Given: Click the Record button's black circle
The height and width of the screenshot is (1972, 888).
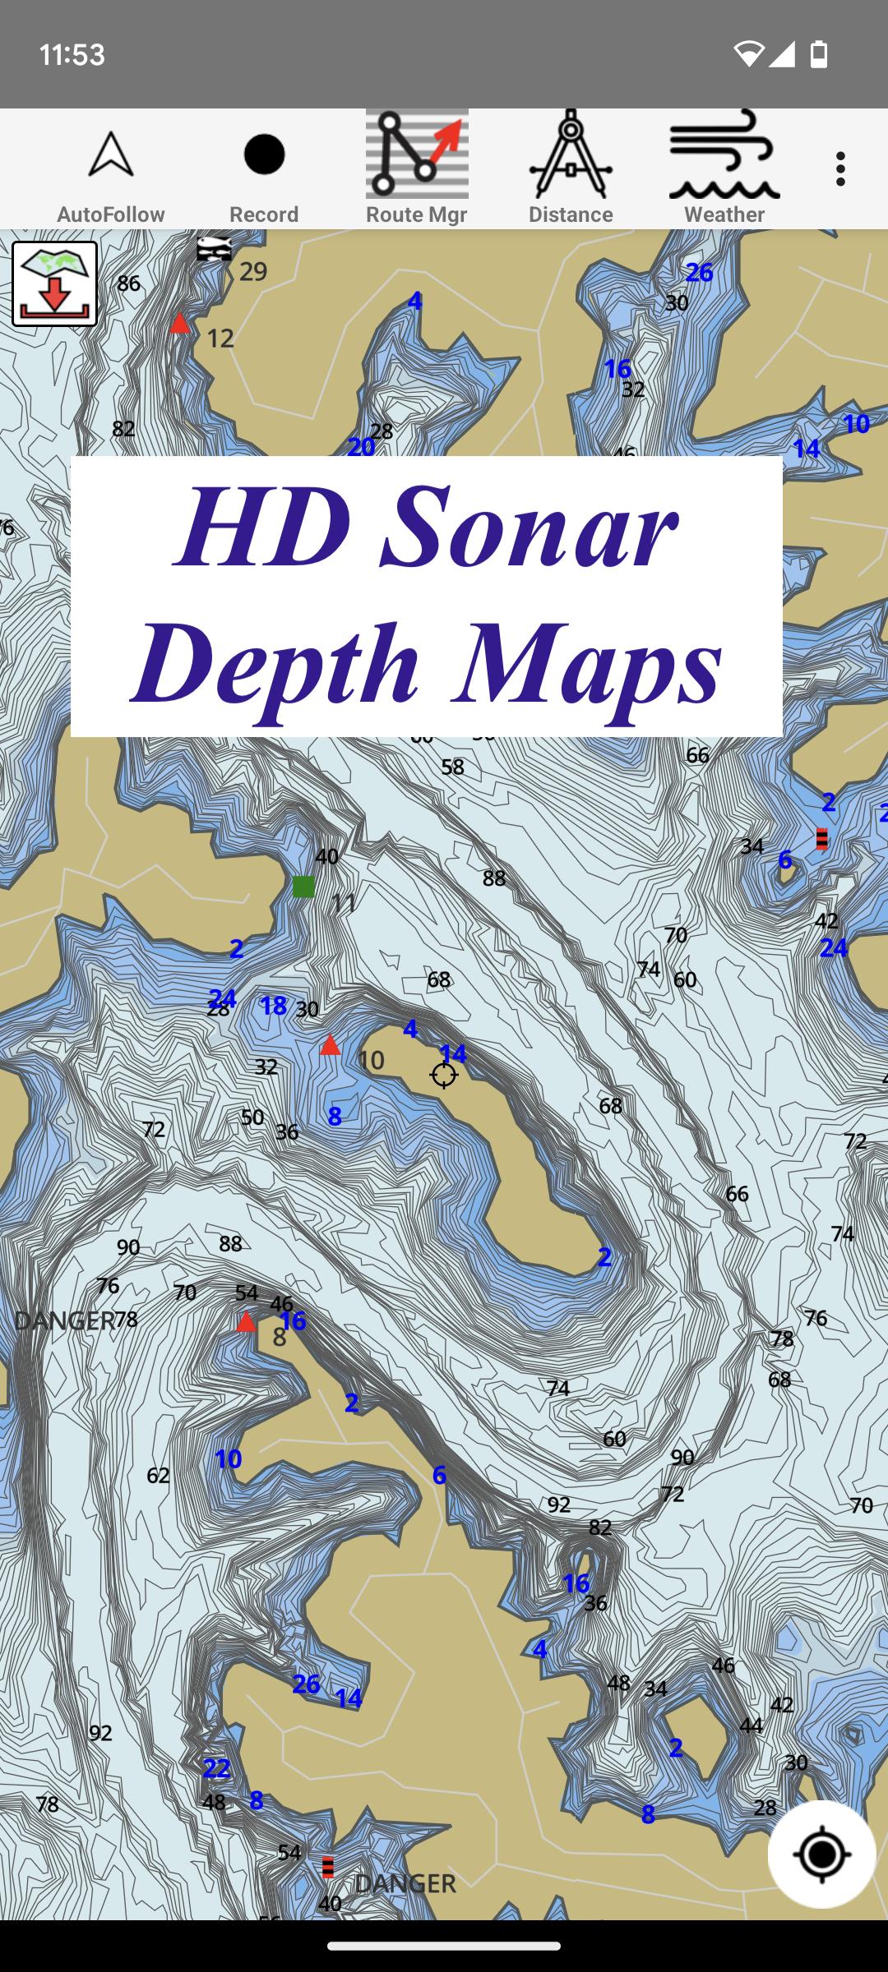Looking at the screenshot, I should pyautogui.click(x=264, y=154).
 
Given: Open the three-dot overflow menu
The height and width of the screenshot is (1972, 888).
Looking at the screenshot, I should pyautogui.click(x=839, y=168).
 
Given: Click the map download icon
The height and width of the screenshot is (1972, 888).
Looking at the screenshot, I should pyautogui.click(x=55, y=284).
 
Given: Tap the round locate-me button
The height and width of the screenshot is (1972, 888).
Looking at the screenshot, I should pyautogui.click(x=821, y=1854).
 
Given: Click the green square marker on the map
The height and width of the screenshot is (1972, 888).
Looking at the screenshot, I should pyautogui.click(x=303, y=886).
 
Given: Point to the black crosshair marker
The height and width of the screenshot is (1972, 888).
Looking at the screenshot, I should pyautogui.click(x=444, y=1074).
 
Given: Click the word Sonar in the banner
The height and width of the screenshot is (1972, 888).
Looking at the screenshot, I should pyautogui.click(x=530, y=527).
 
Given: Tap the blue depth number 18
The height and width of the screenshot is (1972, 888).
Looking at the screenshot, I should pyautogui.click(x=273, y=1005).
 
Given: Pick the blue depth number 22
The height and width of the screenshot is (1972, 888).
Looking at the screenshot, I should pyautogui.click(x=216, y=1767).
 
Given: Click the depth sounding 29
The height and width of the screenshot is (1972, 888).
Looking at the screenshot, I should pyautogui.click(x=253, y=271).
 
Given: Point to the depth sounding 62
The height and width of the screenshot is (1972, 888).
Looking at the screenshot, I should pyautogui.click(x=158, y=1475).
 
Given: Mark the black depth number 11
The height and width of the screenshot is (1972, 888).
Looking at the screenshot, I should pyautogui.click(x=343, y=903).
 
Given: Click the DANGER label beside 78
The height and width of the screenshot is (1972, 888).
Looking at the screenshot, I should pyautogui.click(x=64, y=1320).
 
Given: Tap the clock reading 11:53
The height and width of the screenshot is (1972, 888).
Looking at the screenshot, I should pyautogui.click(x=72, y=55).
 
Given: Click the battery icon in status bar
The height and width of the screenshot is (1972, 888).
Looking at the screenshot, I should pyautogui.click(x=819, y=54).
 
